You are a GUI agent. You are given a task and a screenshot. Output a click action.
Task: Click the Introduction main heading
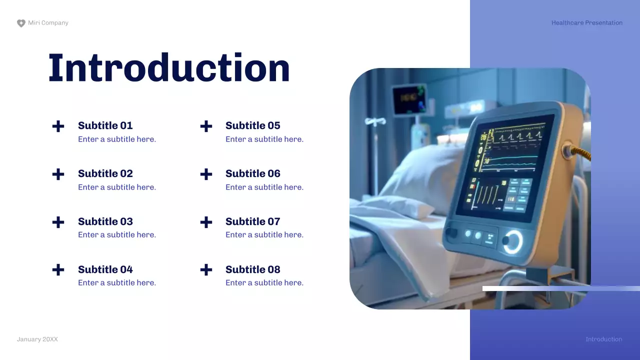point(169,68)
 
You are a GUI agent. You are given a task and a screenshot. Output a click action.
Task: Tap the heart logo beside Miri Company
point(21,23)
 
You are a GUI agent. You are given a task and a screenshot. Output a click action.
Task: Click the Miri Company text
point(48,23)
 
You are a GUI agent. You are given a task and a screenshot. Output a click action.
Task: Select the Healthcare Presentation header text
point(586,23)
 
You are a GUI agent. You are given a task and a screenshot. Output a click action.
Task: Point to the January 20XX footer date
point(37,339)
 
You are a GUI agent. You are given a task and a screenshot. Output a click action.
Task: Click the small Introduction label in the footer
point(603,339)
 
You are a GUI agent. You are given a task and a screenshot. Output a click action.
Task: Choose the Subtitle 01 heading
point(105,125)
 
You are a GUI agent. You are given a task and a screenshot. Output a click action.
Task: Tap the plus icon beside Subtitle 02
point(58,174)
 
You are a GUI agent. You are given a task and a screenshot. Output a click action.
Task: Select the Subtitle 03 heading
point(105,221)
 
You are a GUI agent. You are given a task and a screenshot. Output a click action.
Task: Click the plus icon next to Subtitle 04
point(58,270)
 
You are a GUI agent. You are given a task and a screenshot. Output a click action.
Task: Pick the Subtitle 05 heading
point(252,125)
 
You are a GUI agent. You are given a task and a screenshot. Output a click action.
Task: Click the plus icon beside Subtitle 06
point(206,174)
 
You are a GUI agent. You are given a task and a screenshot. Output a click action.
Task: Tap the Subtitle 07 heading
point(252,221)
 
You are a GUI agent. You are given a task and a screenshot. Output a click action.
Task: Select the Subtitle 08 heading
point(252,269)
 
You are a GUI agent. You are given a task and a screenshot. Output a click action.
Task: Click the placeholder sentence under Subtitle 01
point(117,139)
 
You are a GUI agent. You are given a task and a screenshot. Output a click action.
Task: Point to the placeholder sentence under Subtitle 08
point(264,283)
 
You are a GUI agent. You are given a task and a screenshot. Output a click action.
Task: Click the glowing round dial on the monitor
point(513,241)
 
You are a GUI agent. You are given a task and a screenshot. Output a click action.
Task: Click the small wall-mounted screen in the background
point(409,99)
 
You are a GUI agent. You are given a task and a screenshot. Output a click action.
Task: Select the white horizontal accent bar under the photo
point(560,288)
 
